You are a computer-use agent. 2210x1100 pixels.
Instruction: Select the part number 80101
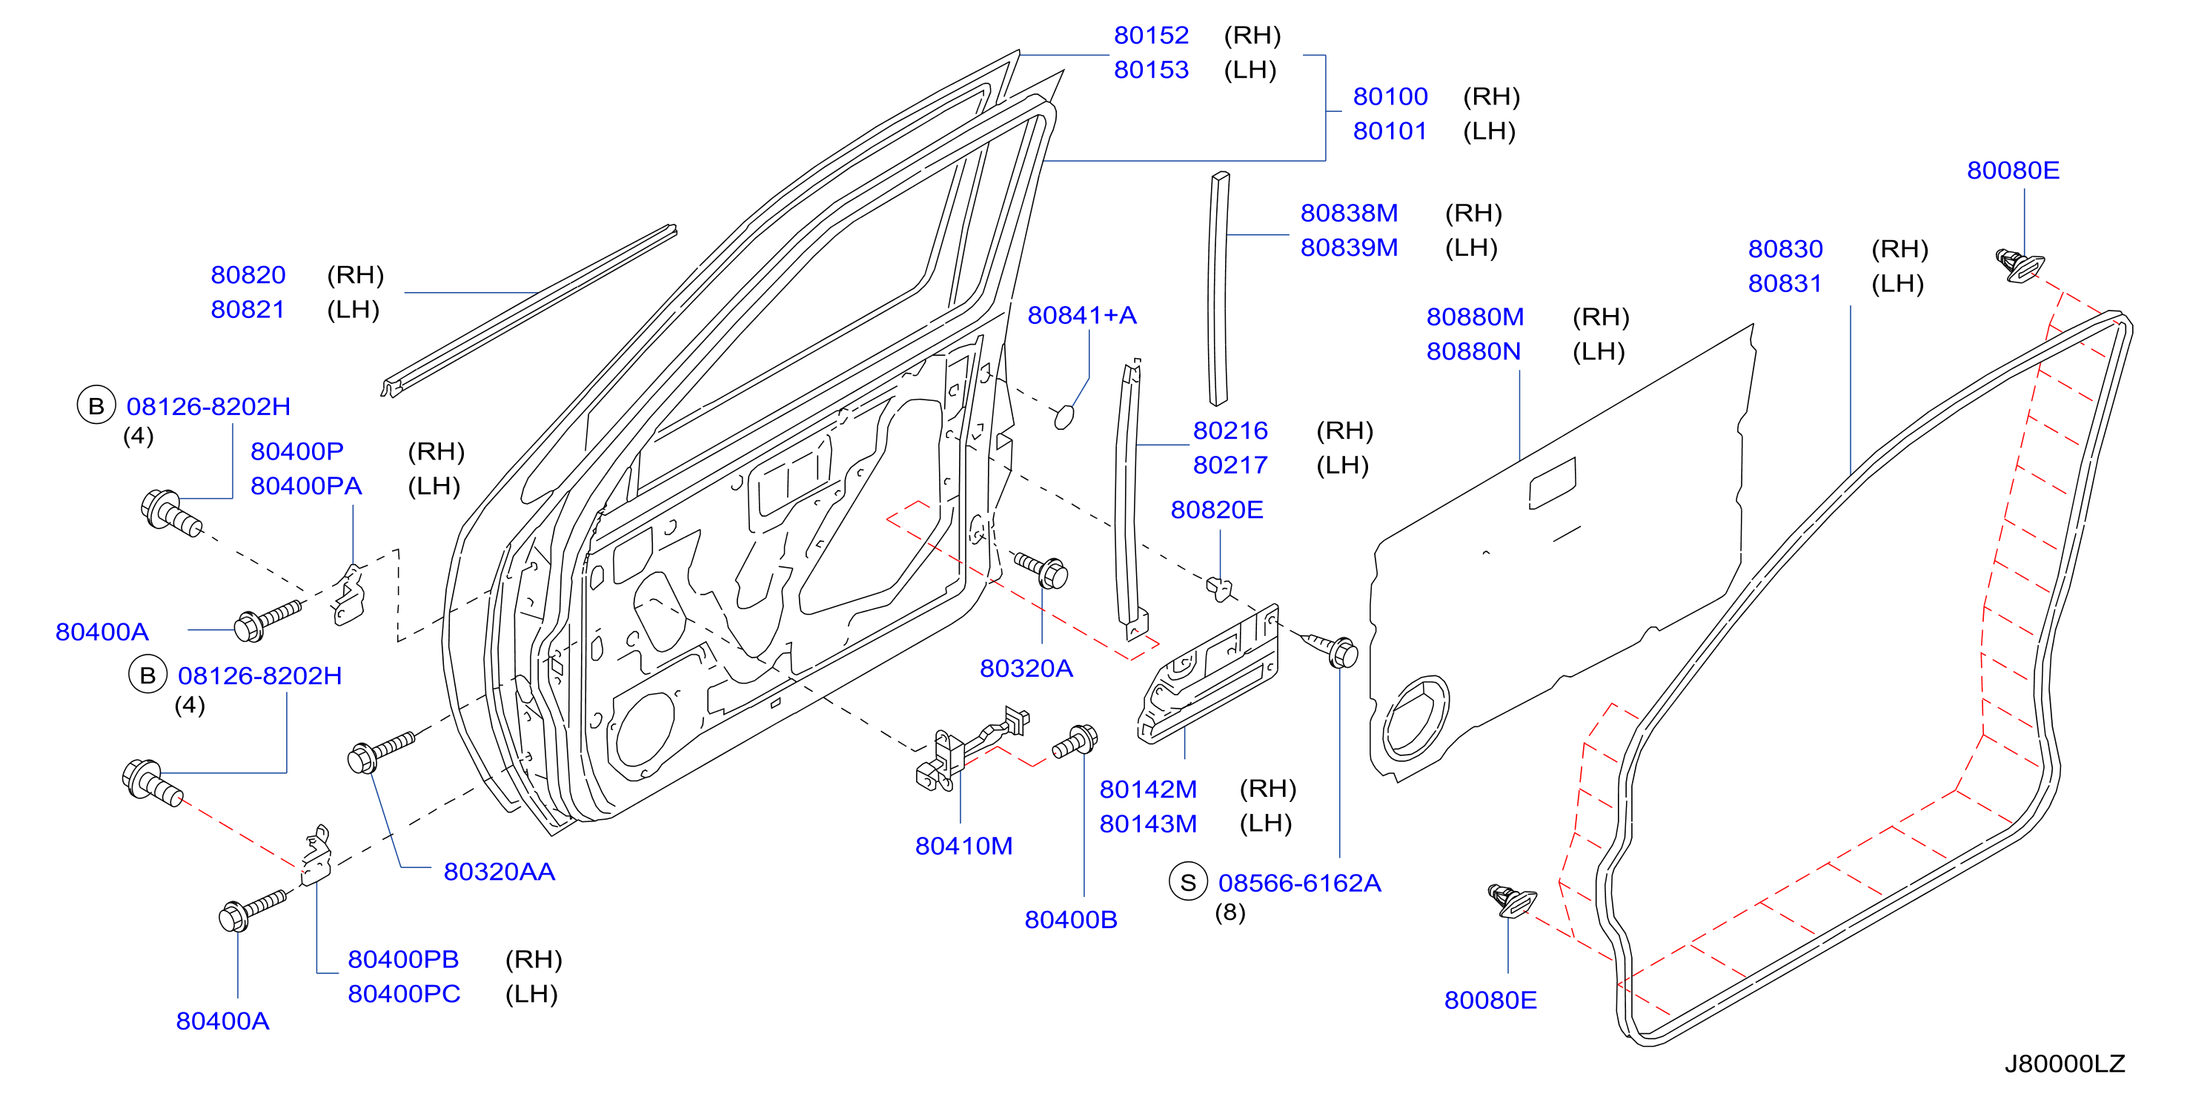tap(1390, 131)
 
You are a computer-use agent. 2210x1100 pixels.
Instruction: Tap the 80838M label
tap(1349, 213)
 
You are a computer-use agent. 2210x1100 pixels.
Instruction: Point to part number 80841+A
tap(1082, 316)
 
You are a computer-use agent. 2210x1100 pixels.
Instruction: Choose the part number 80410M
tap(963, 846)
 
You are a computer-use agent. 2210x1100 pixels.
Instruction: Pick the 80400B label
tap(1071, 920)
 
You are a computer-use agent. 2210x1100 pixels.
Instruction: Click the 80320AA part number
tap(499, 872)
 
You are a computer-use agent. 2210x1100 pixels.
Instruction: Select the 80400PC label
tap(403, 993)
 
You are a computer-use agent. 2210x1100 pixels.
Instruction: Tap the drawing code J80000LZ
tap(2064, 1064)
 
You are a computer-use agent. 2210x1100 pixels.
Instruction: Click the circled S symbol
tap(1188, 882)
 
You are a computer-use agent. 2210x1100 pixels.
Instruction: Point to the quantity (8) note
tap(1230, 912)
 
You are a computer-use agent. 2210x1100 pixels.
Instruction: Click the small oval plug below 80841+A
tap(1063, 418)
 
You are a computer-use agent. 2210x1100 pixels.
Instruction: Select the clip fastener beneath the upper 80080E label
tap(2019, 265)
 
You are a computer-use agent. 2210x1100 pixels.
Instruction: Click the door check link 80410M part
tap(969, 749)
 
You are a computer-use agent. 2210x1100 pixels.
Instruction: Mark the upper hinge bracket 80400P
tap(348, 595)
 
